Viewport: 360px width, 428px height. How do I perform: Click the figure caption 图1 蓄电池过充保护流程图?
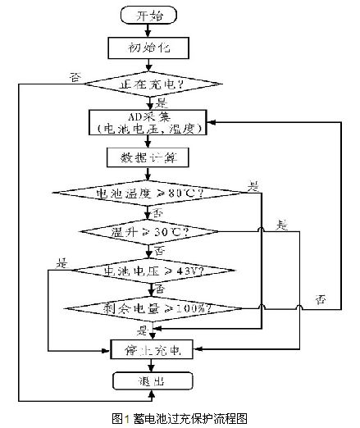[x=180, y=417]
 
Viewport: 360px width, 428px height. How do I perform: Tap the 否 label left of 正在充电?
[x=75, y=77]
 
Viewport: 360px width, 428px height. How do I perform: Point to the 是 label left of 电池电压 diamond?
[x=62, y=262]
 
